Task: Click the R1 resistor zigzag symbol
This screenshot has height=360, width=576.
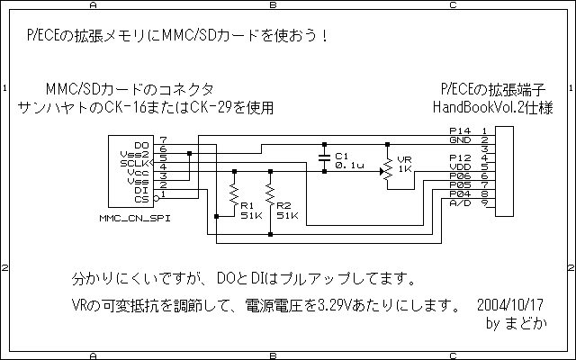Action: pyautogui.click(x=234, y=194)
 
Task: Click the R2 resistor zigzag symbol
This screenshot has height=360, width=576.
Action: pyautogui.click(x=270, y=194)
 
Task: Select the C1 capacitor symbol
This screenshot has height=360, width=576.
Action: pyautogui.click(x=324, y=158)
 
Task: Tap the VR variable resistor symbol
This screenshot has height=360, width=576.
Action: pyautogui.click(x=387, y=171)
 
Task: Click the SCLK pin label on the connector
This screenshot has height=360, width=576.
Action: pyautogui.click(x=134, y=164)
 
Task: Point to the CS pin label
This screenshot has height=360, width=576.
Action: pyautogui.click(x=141, y=200)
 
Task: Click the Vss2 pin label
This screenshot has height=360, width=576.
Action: pyautogui.click(x=134, y=154)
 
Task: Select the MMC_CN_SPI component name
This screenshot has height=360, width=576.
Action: pyautogui.click(x=135, y=218)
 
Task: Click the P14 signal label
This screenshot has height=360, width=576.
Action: pyautogui.click(x=460, y=130)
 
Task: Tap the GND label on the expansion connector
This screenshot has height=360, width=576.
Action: pyautogui.click(x=460, y=140)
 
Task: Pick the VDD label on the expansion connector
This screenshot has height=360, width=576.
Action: pyautogui.click(x=460, y=166)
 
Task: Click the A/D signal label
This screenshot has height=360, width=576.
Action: pyautogui.click(x=460, y=203)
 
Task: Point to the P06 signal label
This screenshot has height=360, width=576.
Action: pyautogui.click(x=460, y=176)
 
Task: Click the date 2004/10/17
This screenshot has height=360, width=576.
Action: pyautogui.click(x=510, y=305)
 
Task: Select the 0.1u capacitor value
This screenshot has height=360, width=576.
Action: pyautogui.click(x=349, y=166)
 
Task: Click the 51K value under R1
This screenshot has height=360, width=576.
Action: pyautogui.click(x=251, y=216)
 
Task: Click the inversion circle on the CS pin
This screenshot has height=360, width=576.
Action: pyautogui.click(x=156, y=199)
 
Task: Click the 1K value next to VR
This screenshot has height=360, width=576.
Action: pyautogui.click(x=405, y=169)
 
